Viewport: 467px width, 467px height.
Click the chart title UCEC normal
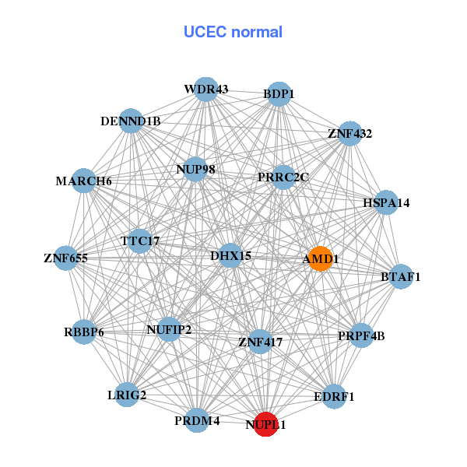233,32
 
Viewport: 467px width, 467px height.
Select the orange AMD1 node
321,258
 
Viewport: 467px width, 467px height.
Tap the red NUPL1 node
266,424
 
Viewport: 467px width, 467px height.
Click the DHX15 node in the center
230,255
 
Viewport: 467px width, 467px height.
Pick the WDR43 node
205,90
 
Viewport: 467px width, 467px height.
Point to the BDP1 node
278,95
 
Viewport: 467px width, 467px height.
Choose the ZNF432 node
350,134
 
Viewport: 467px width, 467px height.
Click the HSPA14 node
386,202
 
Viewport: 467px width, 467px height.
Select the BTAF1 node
401,276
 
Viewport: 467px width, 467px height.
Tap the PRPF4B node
361,336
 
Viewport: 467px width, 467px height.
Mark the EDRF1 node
334,396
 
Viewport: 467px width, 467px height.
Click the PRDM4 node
198,420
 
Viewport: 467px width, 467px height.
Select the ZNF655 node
65,258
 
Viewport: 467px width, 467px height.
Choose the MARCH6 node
84,181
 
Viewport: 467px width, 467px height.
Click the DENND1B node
131,121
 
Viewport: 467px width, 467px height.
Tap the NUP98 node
195,169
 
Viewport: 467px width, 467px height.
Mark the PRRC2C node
283,177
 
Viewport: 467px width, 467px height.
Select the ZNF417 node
260,341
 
